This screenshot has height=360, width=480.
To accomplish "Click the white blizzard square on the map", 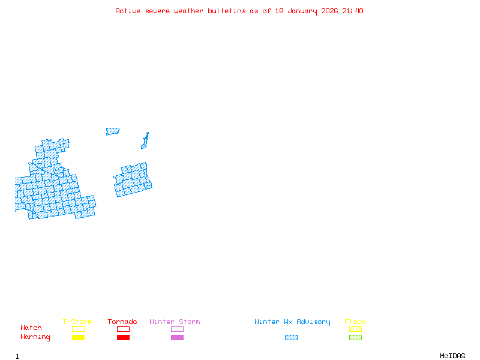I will pos(33,156).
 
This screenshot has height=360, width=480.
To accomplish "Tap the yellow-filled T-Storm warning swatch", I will pos(78,337).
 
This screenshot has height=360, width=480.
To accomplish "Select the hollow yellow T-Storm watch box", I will pos(78,329).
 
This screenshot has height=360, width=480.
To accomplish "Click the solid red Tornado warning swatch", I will pos(123,337).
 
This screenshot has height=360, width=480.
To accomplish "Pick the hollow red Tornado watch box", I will pos(123,329).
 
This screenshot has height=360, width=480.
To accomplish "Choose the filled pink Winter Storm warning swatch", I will pos(177,337).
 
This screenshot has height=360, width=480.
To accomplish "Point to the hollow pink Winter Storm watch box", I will pos(177,329).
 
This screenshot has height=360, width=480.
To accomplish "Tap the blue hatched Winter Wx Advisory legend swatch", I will pos(291,337).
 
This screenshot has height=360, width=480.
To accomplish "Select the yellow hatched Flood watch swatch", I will pos(355,329).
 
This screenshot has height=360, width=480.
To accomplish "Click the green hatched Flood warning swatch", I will pos(355,337).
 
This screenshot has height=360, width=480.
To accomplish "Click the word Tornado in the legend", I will pos(122,322).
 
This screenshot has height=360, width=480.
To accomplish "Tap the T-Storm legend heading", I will pos(77,322).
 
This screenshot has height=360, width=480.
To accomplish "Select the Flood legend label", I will pos(355,322).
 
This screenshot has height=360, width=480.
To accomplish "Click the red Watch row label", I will pos(31,328).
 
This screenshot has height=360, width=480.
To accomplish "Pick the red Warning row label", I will pos(35,337).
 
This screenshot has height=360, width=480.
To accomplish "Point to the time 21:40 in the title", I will pos(353,11).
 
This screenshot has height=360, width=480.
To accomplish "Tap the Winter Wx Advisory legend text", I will pos(292,322).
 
